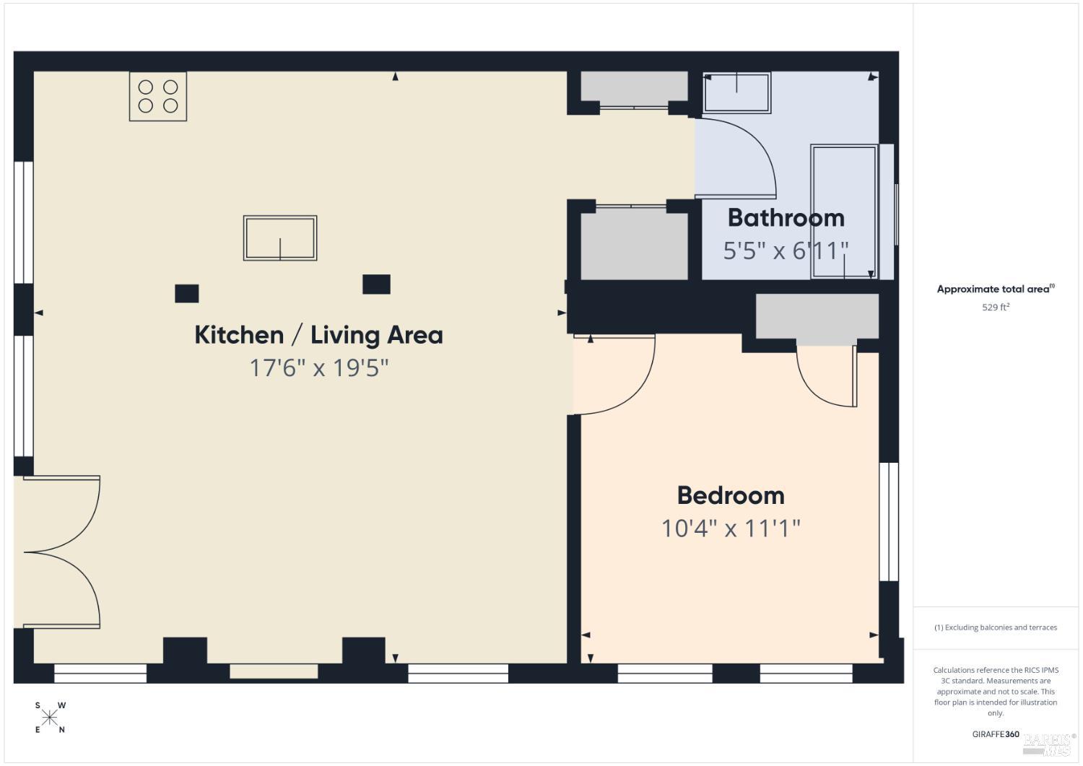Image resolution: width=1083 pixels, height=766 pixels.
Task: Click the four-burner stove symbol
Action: [x=158, y=96]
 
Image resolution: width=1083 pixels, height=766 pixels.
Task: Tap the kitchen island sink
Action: [x=280, y=238]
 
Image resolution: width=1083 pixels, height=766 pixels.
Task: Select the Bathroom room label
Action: [x=786, y=218]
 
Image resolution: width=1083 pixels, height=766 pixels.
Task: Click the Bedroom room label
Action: [x=731, y=496]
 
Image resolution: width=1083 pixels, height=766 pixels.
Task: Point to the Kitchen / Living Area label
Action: [x=318, y=335]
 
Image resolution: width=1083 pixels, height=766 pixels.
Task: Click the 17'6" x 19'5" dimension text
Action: [x=318, y=368]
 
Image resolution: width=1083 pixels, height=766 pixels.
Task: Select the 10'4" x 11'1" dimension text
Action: [x=731, y=528]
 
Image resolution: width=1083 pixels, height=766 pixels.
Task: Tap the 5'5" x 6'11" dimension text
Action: [x=786, y=251]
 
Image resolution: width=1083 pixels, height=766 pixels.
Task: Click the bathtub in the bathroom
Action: [x=844, y=212]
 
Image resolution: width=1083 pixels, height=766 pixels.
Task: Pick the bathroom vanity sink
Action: [x=737, y=93]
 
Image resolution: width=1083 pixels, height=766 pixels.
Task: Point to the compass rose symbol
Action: [x=49, y=718]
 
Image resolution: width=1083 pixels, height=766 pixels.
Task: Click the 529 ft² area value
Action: [x=996, y=307]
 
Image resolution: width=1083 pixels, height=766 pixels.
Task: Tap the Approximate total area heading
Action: [x=996, y=290]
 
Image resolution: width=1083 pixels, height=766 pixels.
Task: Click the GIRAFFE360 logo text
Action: [x=996, y=734]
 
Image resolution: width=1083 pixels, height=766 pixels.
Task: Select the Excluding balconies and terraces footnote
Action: [x=996, y=627]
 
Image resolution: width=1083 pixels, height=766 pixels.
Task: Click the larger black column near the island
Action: [x=376, y=284]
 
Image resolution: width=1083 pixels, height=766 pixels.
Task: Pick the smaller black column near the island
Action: [x=186, y=294]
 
